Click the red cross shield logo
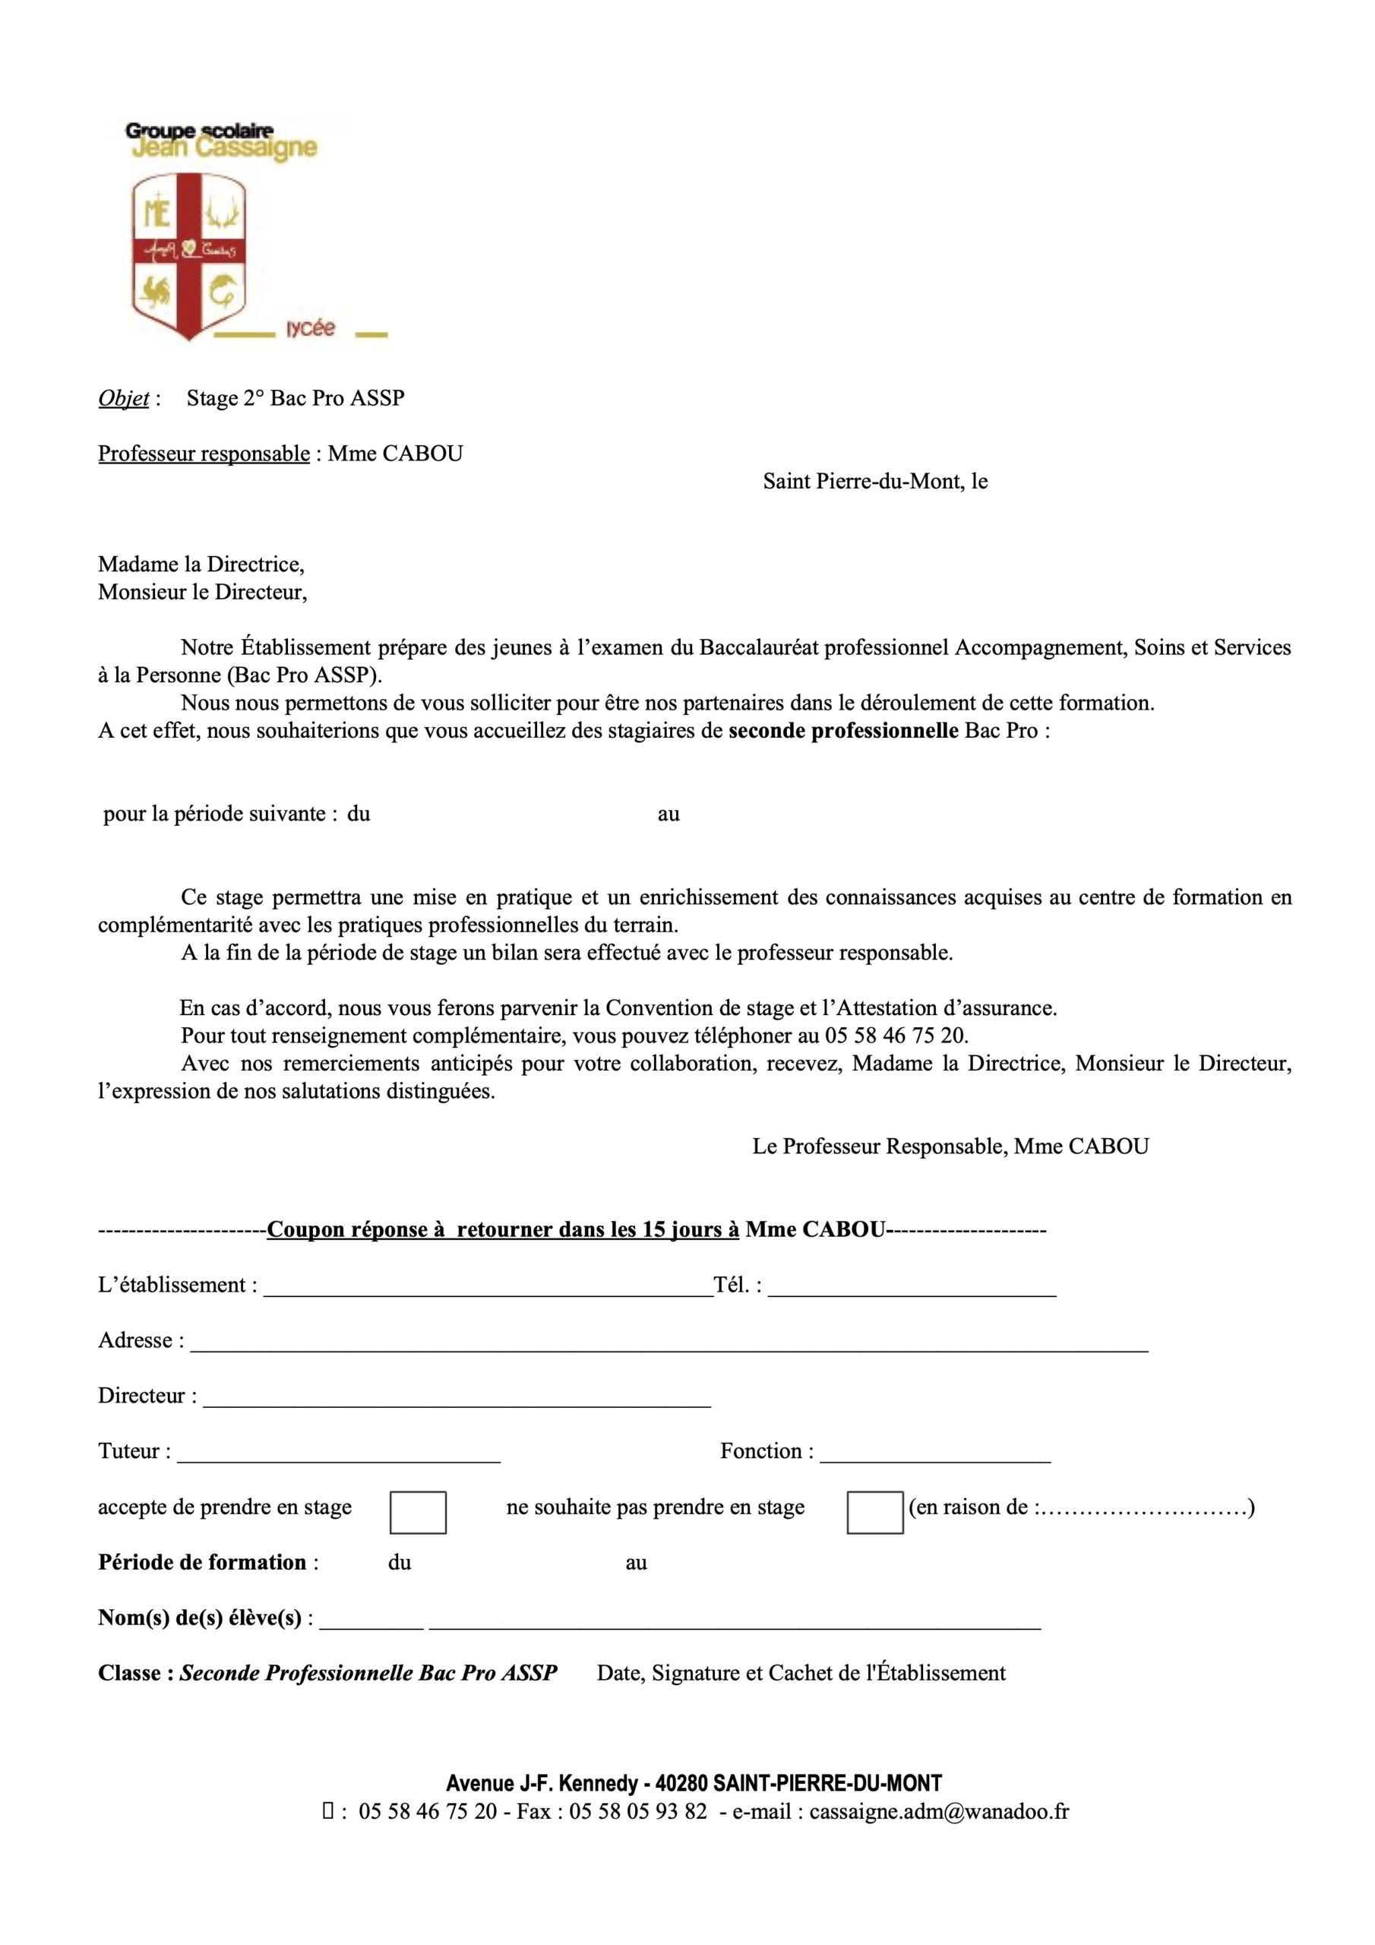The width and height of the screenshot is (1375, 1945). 189,253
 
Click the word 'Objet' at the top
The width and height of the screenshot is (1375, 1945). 124,398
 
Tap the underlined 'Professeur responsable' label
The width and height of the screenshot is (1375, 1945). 204,454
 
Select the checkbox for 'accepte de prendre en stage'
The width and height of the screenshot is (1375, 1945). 418,1529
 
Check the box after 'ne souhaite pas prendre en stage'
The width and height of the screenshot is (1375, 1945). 874,1529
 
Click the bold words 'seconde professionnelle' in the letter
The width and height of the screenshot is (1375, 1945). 843,730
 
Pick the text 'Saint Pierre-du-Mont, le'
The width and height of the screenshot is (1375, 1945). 875,482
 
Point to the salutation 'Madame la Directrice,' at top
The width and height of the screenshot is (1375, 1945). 201,565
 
